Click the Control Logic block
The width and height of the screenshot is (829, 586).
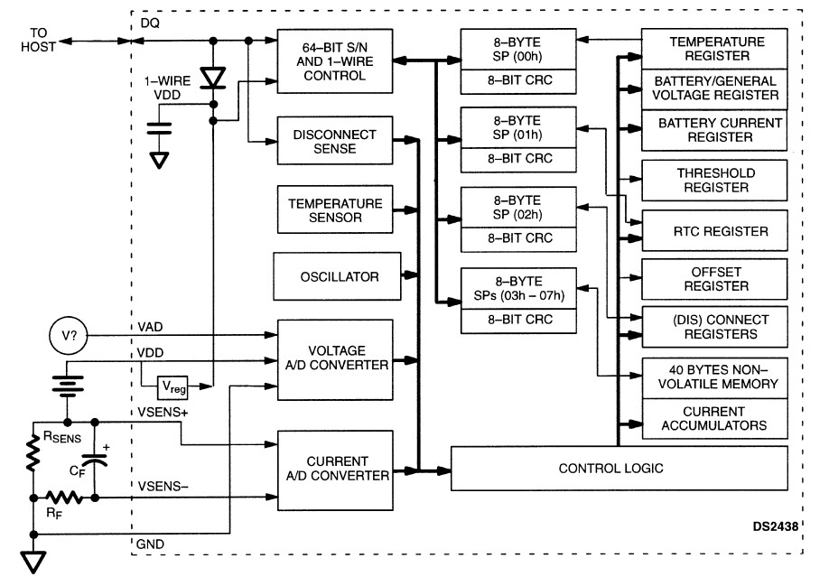coord(610,468)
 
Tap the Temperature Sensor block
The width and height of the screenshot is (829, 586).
coord(335,210)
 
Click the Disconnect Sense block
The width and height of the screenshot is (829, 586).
coord(335,142)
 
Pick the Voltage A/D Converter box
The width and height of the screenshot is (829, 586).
coord(335,358)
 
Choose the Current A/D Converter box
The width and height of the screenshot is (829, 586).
coord(335,467)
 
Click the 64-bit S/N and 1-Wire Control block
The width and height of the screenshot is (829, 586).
coord(335,61)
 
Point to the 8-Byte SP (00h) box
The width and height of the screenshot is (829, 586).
coord(517,49)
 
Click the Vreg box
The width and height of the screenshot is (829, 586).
coord(172,387)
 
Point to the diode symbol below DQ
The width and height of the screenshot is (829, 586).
coord(213,78)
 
